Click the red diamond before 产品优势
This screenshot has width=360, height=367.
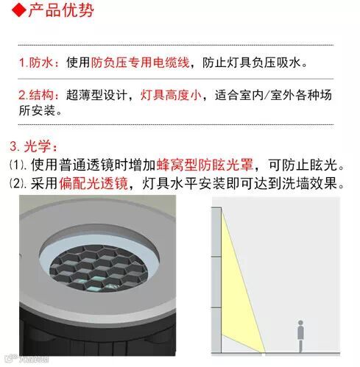tap(19, 11)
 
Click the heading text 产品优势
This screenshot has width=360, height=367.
tap(61, 11)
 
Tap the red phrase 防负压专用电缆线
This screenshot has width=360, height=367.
tap(140, 63)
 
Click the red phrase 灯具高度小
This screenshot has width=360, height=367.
tap(171, 95)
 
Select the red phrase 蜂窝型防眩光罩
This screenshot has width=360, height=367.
tap(205, 165)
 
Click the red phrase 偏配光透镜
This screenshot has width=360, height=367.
tap(93, 183)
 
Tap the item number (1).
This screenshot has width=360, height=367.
tap(18, 165)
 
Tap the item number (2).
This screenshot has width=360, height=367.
tap(18, 183)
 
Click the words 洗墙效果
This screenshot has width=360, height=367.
tap(309, 183)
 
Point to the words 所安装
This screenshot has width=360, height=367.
tap(37, 110)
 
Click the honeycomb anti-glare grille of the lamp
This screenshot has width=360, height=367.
tap(99, 268)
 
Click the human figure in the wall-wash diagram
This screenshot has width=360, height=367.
tap(300, 336)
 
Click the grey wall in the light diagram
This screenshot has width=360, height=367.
tap(216, 280)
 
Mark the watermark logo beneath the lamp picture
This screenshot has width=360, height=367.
tap(27, 360)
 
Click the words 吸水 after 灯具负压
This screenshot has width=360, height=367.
tap(289, 63)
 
